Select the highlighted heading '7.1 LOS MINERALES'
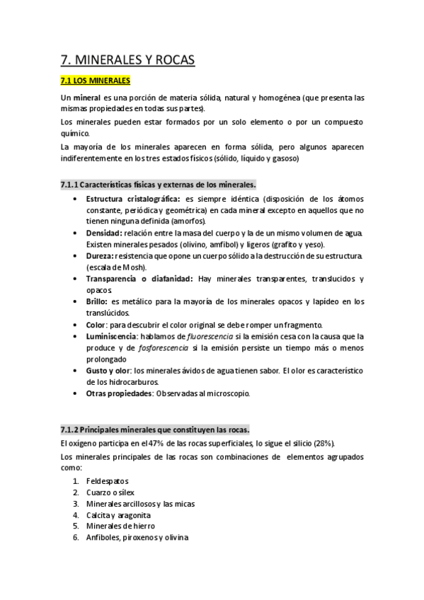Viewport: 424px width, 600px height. tap(96, 81)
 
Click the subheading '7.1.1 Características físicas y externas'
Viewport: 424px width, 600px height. tap(159, 185)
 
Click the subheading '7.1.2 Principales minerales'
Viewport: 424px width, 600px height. tap(154, 429)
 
